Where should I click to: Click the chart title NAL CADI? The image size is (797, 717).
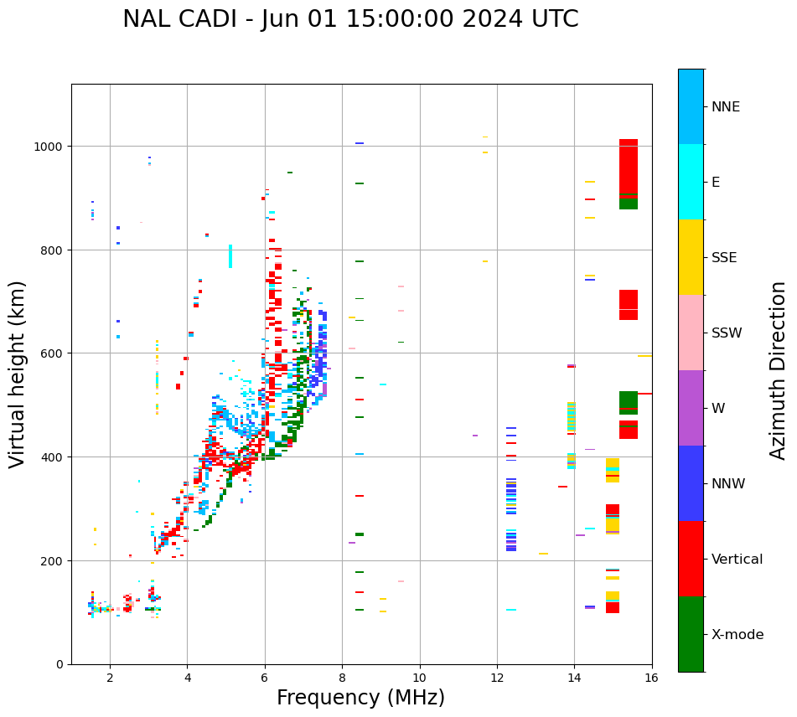tap(350, 19)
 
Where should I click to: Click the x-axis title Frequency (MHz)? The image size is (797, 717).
tap(360, 698)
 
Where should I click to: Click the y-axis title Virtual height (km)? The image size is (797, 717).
tap(18, 374)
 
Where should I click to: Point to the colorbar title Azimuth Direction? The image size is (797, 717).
tap(779, 370)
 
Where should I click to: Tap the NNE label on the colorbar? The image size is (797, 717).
tap(726, 106)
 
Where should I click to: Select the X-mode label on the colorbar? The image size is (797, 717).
tap(737, 635)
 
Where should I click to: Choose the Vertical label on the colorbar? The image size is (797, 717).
tap(737, 560)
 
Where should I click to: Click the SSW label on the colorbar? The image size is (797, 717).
tap(727, 333)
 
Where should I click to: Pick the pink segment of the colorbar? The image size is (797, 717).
tap(691, 333)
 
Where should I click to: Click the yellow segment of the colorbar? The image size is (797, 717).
tap(691, 257)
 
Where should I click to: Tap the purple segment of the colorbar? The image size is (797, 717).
tap(691, 408)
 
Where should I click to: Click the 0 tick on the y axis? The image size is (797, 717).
tap(60, 664)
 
